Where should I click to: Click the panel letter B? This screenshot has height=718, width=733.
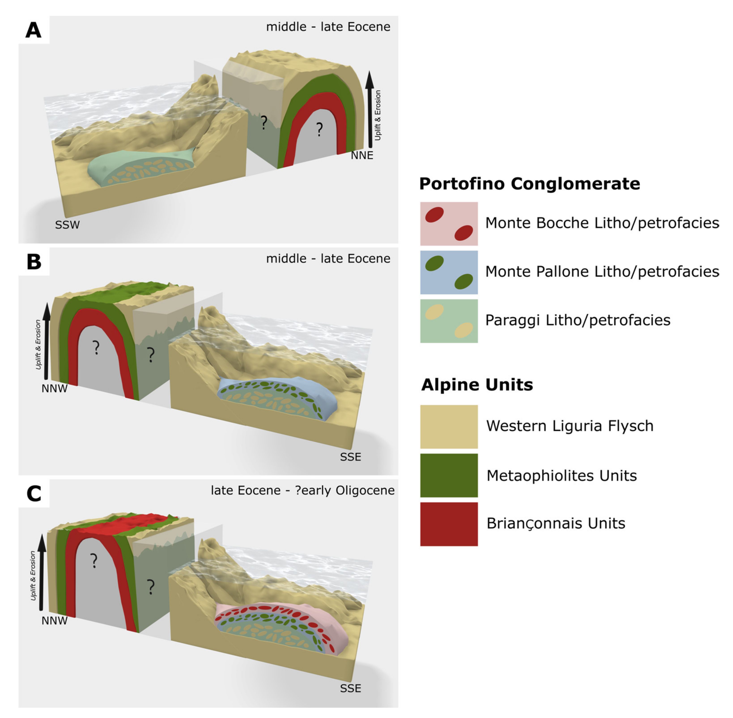[x=34, y=261]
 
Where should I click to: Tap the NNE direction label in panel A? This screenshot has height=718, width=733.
[x=362, y=155]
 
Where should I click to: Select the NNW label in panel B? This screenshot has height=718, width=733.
[x=54, y=388]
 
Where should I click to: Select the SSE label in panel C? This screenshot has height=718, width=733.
[x=351, y=688]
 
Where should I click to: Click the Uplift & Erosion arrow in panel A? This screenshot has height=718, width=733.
[x=369, y=109]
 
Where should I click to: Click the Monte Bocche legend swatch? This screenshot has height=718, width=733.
[x=448, y=224]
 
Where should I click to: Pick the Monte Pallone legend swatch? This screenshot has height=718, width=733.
[x=448, y=272]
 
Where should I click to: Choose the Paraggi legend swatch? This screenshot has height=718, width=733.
[x=448, y=321]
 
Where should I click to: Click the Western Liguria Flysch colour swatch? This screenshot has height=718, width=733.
[x=448, y=426]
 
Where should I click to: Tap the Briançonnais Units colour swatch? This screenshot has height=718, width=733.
[x=448, y=524]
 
